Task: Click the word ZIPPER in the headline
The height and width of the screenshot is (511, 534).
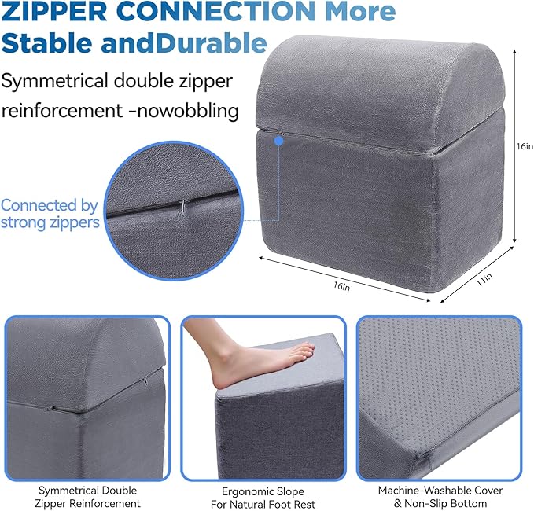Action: [x=54, y=11]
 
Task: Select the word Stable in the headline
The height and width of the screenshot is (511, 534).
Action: [x=47, y=43]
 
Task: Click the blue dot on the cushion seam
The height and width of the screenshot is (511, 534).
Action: [x=279, y=141]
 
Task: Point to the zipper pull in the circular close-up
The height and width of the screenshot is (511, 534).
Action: [x=182, y=207]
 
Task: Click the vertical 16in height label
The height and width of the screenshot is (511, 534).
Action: [x=525, y=146]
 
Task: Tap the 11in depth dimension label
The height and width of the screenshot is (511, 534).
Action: [x=484, y=280]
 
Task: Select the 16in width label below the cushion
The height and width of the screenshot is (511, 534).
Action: [x=341, y=285]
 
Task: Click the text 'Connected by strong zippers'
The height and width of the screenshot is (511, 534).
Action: [x=50, y=214]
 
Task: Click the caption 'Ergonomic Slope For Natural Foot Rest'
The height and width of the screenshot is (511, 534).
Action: [x=263, y=498]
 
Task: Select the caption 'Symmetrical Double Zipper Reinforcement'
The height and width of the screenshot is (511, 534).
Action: [x=87, y=497]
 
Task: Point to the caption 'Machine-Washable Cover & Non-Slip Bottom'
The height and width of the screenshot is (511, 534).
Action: [x=440, y=497]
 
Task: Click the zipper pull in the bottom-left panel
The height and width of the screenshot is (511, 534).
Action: [x=51, y=407]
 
